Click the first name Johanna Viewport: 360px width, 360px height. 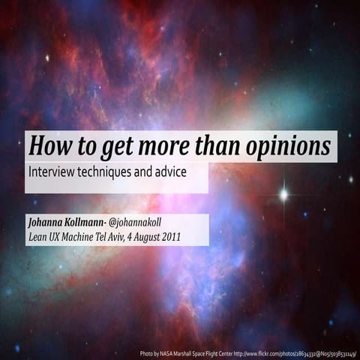(46, 223)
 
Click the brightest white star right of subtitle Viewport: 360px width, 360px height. (283, 194)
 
